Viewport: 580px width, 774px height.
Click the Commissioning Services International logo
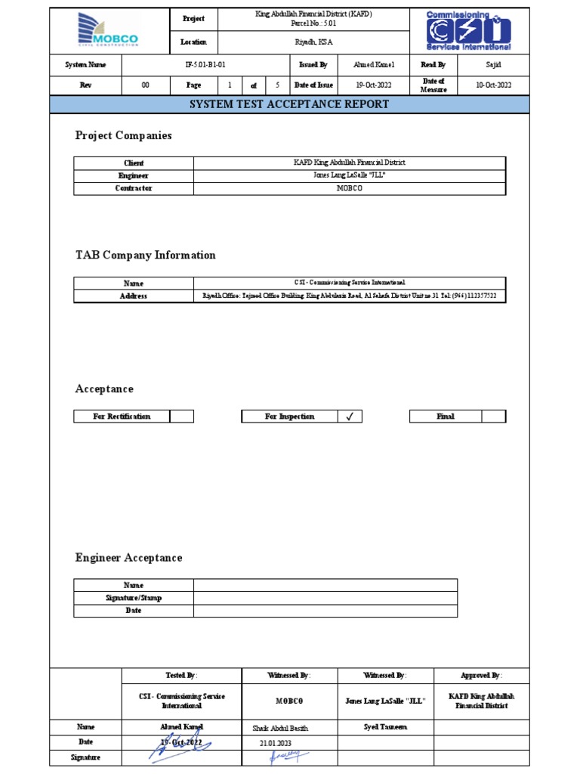[x=468, y=31]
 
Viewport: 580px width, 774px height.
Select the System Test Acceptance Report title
[x=290, y=104]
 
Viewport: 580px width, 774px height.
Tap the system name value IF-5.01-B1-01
[x=205, y=65]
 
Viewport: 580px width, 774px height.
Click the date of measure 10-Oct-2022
[x=493, y=85]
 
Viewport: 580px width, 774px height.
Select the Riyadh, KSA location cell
[x=313, y=42]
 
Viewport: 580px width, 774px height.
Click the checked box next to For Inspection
[x=350, y=416]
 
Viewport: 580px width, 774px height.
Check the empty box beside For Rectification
[x=181, y=416]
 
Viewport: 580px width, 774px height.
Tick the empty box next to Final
[x=493, y=416]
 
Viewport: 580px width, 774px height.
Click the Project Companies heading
[x=123, y=136]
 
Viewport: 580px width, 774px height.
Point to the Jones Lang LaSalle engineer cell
[x=350, y=175]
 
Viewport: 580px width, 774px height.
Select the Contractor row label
[x=134, y=188]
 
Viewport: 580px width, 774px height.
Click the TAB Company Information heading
[x=145, y=255]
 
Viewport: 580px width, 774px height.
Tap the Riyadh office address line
[x=350, y=296]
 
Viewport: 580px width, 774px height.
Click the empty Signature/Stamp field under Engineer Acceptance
[x=325, y=598]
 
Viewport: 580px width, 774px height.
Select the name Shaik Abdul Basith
[x=280, y=728]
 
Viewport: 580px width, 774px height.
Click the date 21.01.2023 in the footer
[x=275, y=743]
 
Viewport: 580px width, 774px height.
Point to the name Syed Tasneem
[x=385, y=727]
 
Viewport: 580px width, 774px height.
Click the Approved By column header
[x=481, y=675]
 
